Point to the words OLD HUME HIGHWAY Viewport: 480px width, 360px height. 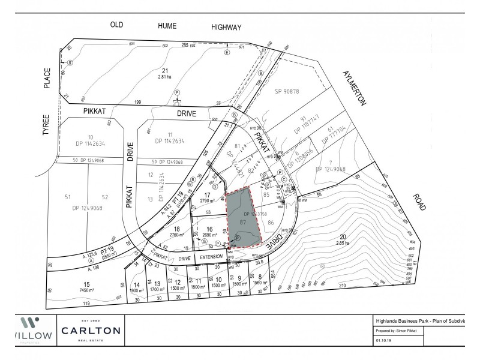[175, 26]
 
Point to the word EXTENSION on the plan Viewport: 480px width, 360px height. [211, 256]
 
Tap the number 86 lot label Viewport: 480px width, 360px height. [271, 223]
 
